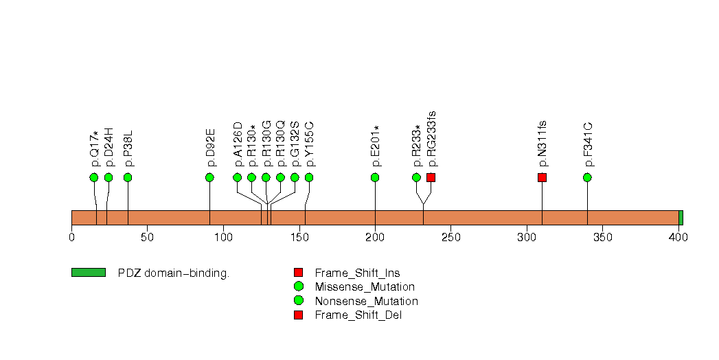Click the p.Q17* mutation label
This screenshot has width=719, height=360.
click(95, 148)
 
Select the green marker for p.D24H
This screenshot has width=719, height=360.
click(109, 177)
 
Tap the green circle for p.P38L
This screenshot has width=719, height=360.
click(128, 177)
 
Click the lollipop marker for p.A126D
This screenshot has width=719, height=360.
click(238, 177)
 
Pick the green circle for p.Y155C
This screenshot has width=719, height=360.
click(309, 177)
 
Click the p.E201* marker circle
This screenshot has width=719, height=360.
click(375, 177)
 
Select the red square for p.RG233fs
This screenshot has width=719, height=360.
click(431, 177)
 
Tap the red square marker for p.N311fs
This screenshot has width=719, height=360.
click(542, 177)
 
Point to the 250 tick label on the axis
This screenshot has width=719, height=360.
click(450, 238)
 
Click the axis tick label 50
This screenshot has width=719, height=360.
click(147, 238)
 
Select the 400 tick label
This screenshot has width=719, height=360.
click(678, 238)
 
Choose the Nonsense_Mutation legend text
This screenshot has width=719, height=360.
click(366, 302)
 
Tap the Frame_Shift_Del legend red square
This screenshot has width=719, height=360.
click(298, 315)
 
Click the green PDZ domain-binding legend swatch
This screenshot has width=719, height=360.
click(88, 273)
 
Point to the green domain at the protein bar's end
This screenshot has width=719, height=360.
click(681, 218)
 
